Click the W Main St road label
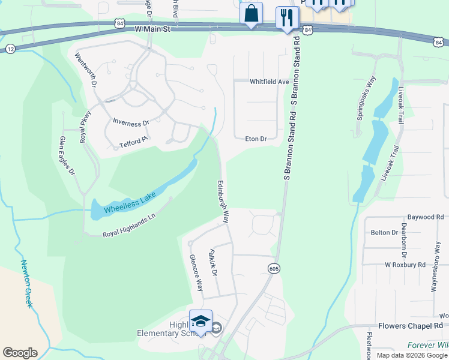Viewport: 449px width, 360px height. (152, 28)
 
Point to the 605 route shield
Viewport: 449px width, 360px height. (273, 268)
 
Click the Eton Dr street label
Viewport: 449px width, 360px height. (256, 139)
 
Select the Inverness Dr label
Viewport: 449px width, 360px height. (131, 123)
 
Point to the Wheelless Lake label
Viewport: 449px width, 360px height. (130, 202)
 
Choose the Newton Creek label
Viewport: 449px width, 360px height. (26, 283)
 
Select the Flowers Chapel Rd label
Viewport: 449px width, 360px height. (410, 326)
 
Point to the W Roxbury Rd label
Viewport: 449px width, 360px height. (405, 264)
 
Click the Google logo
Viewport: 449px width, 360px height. (20, 353)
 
